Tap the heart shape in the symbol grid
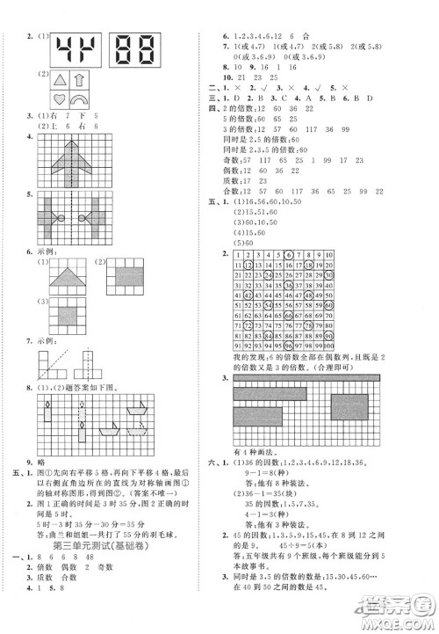point(61,99)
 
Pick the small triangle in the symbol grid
point(61,80)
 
